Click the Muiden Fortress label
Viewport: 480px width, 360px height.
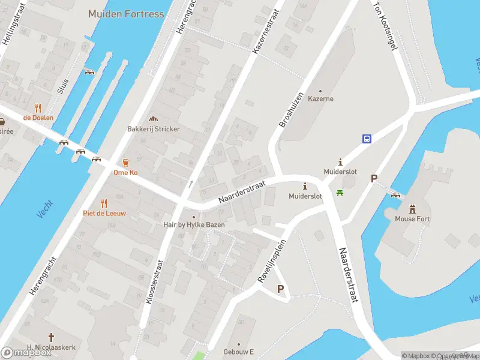125,13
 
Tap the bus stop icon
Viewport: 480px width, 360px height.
367,139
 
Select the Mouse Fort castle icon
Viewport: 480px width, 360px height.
412,209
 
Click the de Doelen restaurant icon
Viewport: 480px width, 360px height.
38,108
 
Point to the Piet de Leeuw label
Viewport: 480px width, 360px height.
104,213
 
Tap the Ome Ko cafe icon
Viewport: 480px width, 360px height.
126,163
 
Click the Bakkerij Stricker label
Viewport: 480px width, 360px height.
153,129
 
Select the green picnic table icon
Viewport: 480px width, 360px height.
340,193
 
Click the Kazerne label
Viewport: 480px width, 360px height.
320,98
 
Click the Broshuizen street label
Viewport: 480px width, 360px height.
290,109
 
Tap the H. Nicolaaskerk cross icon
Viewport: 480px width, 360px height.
52,337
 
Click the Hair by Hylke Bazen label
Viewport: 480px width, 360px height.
194,224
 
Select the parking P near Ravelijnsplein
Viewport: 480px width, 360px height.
280,289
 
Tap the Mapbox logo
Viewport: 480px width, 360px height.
26,352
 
